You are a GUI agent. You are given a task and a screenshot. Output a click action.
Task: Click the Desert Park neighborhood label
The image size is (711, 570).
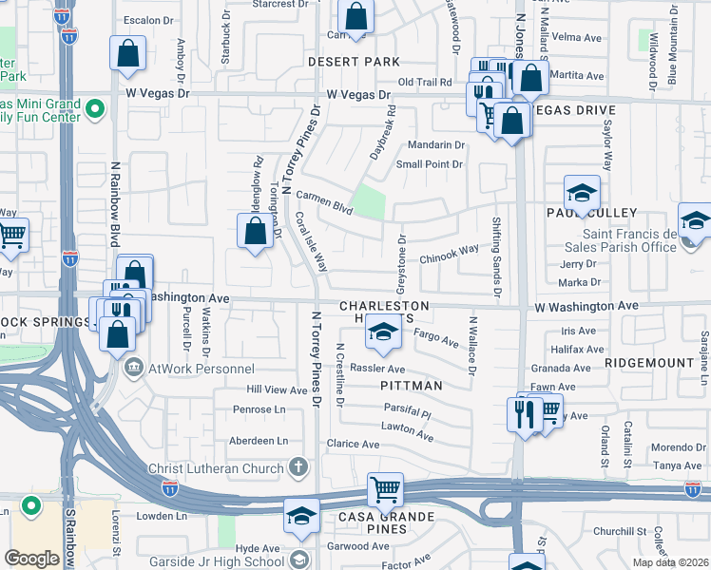pos(354,62)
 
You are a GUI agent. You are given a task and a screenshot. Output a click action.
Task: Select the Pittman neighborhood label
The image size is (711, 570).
pos(411,386)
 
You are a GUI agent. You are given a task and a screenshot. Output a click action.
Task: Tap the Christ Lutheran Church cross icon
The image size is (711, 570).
pos(298,467)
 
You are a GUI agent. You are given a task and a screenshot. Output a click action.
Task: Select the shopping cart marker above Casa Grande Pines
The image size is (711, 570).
pos(386,490)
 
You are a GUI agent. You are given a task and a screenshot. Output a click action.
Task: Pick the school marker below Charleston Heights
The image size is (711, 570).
pos(383,332)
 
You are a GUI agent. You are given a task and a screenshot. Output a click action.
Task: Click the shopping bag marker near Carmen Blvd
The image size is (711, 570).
pos(255,230)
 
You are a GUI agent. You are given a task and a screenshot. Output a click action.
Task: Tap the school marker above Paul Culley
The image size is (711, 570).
pos(582,193)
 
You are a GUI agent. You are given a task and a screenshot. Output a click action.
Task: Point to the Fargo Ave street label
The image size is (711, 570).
pos(437,338)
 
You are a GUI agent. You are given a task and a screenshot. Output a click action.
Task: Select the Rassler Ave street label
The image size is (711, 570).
pos(377,369)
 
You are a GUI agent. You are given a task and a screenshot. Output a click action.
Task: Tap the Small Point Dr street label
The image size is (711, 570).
pos(430,164)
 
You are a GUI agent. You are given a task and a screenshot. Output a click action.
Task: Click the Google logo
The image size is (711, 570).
pos(31,559)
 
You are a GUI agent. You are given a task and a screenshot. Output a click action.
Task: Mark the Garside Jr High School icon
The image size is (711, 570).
pos(299,560)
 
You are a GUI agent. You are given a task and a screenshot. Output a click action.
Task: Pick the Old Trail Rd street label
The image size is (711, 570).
pos(430,83)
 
